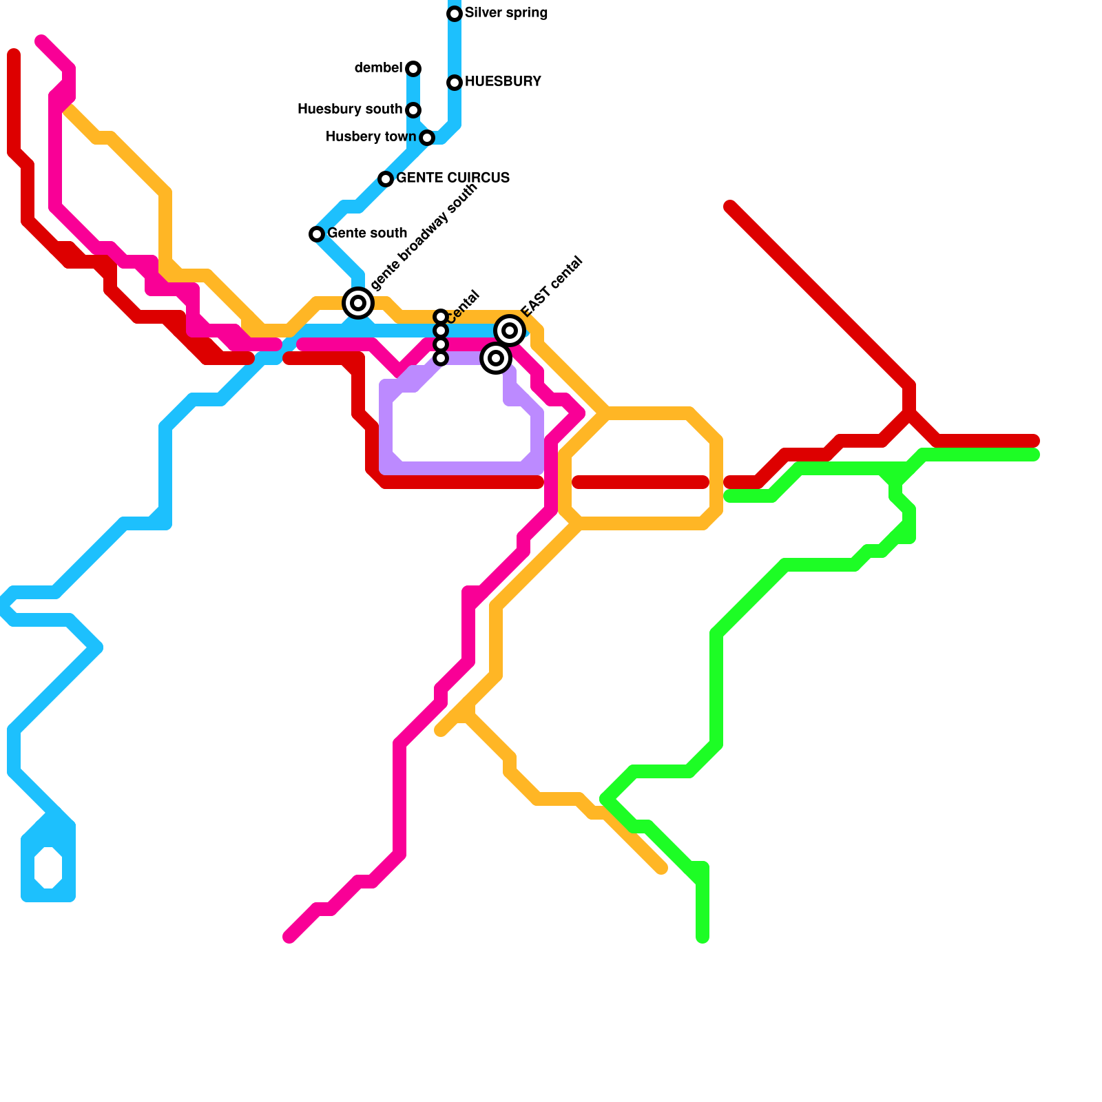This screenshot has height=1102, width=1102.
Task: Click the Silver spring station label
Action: [506, 13]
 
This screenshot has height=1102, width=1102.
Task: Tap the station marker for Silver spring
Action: [455, 14]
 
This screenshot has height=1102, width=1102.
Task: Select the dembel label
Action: [378, 68]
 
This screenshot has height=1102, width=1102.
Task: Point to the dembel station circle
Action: [413, 69]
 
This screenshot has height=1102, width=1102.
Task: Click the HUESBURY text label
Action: [503, 82]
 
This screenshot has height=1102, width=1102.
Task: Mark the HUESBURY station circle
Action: [455, 83]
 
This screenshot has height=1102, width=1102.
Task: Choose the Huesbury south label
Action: [350, 110]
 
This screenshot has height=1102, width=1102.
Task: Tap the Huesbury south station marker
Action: [413, 110]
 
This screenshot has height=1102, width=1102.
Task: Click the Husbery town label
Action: [371, 137]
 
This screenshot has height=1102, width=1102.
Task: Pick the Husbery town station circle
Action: [427, 138]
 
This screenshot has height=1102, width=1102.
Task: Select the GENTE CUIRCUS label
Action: [453, 178]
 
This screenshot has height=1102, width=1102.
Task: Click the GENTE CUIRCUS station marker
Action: [386, 179]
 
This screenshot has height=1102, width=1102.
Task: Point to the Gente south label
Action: [367, 233]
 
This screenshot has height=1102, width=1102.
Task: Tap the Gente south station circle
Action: [317, 234]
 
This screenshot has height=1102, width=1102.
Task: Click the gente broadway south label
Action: [424, 238]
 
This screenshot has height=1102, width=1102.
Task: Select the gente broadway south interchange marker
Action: [358, 303]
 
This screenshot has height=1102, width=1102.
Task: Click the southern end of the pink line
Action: [290, 937]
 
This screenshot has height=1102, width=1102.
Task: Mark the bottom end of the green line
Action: [703, 937]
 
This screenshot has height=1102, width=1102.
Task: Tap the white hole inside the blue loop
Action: [48, 868]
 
